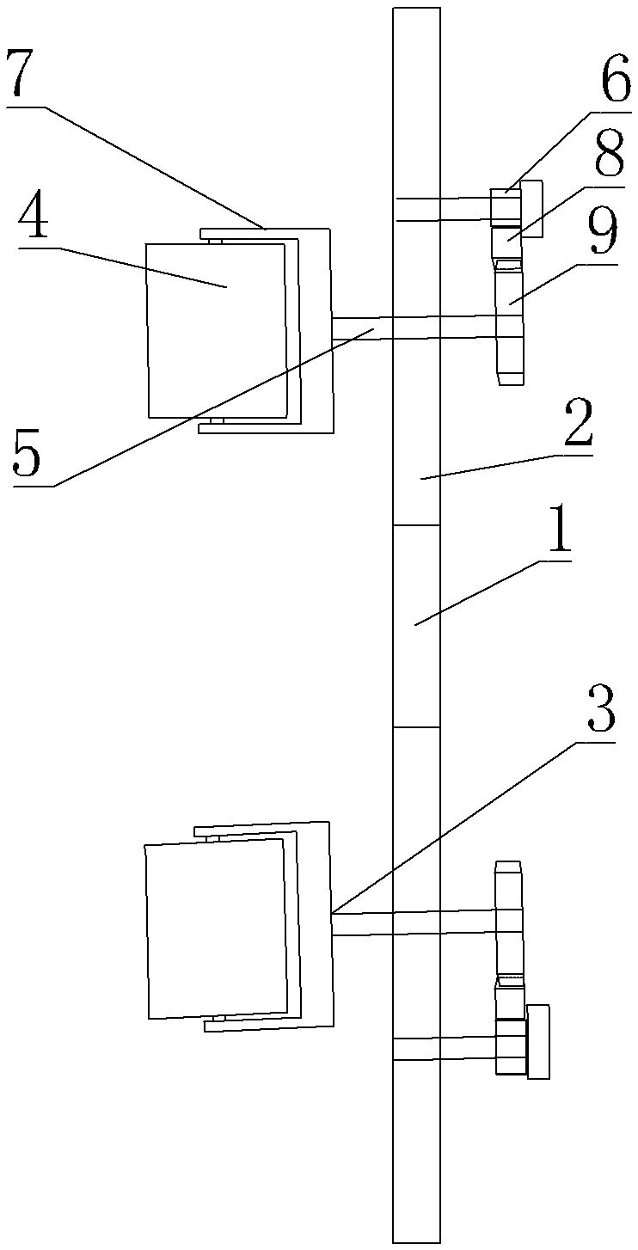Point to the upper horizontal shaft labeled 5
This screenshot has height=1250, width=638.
(x=361, y=328)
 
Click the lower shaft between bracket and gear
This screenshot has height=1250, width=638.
(x=361, y=924)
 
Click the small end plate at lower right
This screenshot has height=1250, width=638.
(x=539, y=1041)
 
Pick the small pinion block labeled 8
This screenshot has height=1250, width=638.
(x=505, y=242)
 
